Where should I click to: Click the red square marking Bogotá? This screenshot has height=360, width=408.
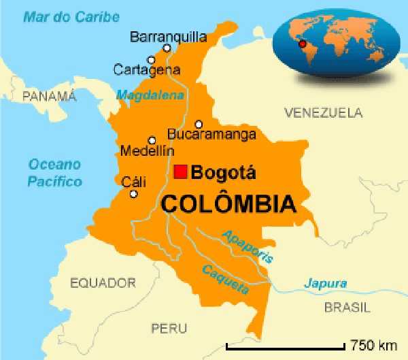(180, 171)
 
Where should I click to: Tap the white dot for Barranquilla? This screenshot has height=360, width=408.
(167, 48)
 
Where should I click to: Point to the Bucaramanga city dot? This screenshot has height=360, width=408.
(199, 124)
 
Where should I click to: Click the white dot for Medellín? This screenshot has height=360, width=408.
(152, 140)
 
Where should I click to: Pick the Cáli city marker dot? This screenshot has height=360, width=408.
(133, 194)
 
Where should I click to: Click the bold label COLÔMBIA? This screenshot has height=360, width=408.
(228, 203)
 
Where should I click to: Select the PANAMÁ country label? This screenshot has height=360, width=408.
(49, 96)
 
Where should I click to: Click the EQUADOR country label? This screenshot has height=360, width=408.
(103, 282)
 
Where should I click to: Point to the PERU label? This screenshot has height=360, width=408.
(169, 328)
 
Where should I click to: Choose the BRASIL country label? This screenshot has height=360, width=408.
(347, 308)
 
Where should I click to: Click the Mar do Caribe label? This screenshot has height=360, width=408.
(71, 16)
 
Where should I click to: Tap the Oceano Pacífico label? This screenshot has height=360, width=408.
(54, 173)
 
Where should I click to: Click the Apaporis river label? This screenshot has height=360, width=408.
(248, 246)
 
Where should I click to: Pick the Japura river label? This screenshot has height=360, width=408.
(325, 283)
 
